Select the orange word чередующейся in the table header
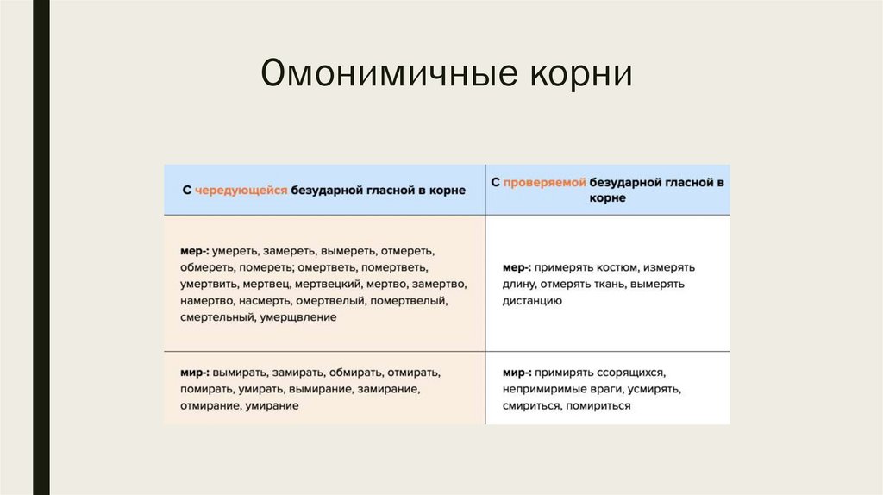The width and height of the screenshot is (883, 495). [x=241, y=191]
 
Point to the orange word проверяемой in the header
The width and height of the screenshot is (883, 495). [x=545, y=183]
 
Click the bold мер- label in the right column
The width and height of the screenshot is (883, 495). [x=517, y=267]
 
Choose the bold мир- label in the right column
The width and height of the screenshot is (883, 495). [x=517, y=373]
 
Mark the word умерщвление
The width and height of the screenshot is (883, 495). [x=297, y=317]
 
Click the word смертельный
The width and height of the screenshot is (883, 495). [x=217, y=317]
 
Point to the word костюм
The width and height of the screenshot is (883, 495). [x=617, y=267]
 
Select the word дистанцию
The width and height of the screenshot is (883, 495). [x=532, y=301]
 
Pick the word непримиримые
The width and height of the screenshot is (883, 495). [x=544, y=390]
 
